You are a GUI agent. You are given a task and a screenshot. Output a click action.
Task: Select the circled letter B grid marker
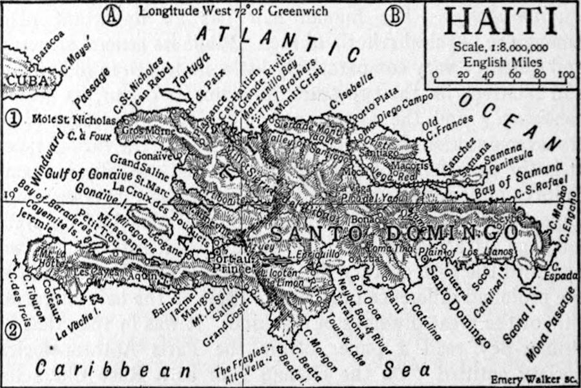tap(392, 14)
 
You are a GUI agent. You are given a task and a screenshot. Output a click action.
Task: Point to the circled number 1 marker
tap(12, 118)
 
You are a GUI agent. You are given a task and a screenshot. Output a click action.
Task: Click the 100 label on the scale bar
tap(566, 74)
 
